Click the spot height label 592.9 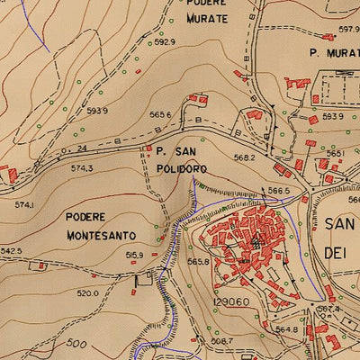tap(163, 41)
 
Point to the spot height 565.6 tap(160, 114)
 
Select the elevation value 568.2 tap(245, 157)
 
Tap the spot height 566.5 tap(279, 191)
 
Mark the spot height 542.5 tap(11, 251)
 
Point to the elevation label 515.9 tap(134, 256)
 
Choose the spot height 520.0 tap(86, 292)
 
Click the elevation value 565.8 tap(198, 261)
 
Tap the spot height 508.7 tap(220, 342)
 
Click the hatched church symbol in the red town tap(256, 242)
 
